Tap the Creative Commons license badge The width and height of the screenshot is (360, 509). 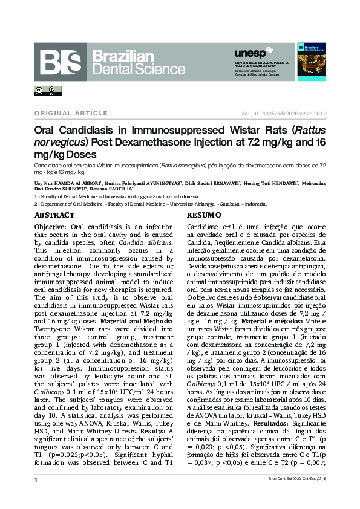coord(48,91)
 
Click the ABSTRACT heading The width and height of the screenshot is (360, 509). coord(54,215)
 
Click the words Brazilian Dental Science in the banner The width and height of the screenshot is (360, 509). coord(130,63)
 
